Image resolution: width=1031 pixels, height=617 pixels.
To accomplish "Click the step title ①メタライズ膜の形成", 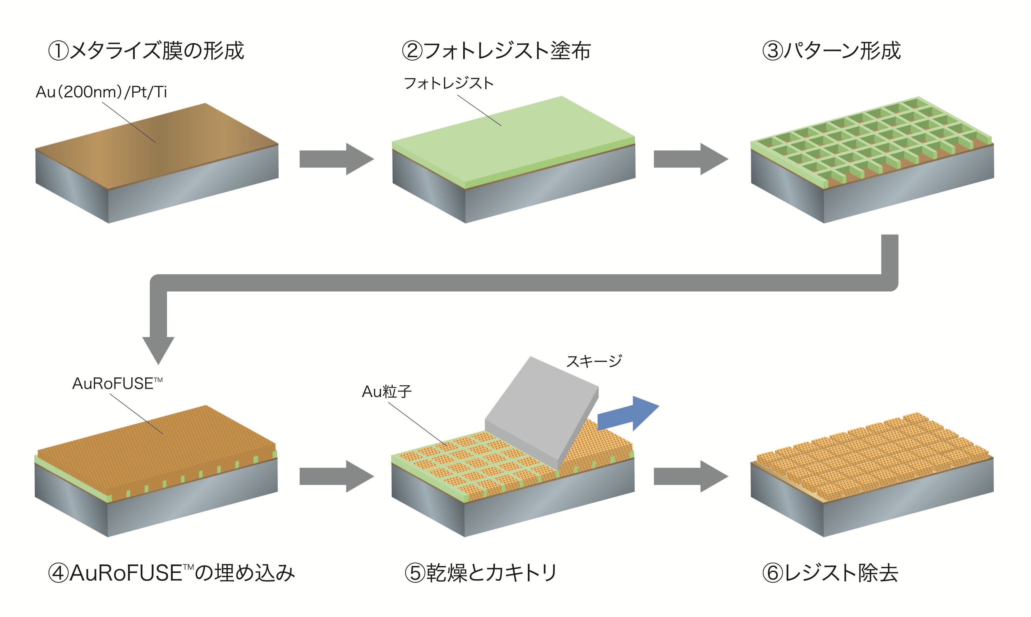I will [146, 51].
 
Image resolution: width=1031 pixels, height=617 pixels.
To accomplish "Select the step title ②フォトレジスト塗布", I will [496, 51].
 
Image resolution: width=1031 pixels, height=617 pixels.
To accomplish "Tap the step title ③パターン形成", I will [831, 51].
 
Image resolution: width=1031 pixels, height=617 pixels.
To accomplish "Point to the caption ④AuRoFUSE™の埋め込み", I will [171, 573].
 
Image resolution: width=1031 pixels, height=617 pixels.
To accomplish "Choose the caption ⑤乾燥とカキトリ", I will [481, 573].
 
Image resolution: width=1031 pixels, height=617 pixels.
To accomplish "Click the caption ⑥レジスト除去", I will [830, 573].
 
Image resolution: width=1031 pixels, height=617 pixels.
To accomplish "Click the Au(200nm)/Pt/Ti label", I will [101, 92].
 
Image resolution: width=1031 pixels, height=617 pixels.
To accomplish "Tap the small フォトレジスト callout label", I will [449, 83].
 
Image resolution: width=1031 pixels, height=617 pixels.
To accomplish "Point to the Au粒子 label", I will [386, 391].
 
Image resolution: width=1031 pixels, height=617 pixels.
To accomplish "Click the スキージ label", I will [594, 361].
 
